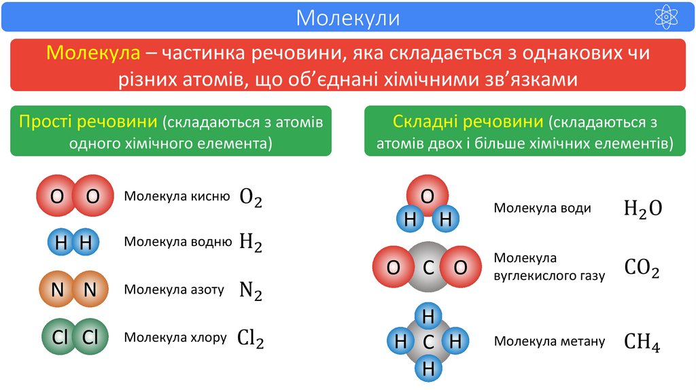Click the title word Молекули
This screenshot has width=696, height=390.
pyautogui.click(x=347, y=17)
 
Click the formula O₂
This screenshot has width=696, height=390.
pyautogui.click(x=251, y=198)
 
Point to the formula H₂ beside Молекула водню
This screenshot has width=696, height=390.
pyautogui.click(x=251, y=242)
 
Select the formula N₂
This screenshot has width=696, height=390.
pyautogui.click(x=251, y=290)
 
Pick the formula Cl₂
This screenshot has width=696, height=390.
pyautogui.click(x=250, y=338)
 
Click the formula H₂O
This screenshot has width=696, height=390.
pyautogui.click(x=642, y=209)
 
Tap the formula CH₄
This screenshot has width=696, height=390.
pyautogui.click(x=642, y=341)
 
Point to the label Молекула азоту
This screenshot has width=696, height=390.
pyautogui.click(x=174, y=289)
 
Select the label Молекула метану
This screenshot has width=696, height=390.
pyautogui.click(x=549, y=341)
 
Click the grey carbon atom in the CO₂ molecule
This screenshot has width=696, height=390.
pyautogui.click(x=428, y=268)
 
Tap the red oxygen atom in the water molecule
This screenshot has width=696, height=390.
pyautogui.click(x=428, y=195)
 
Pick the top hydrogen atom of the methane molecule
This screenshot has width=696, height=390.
pyautogui.click(x=428, y=316)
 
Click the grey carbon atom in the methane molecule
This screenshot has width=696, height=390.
pyautogui.click(x=428, y=342)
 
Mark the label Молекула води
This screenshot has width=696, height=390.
pyautogui.click(x=542, y=208)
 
